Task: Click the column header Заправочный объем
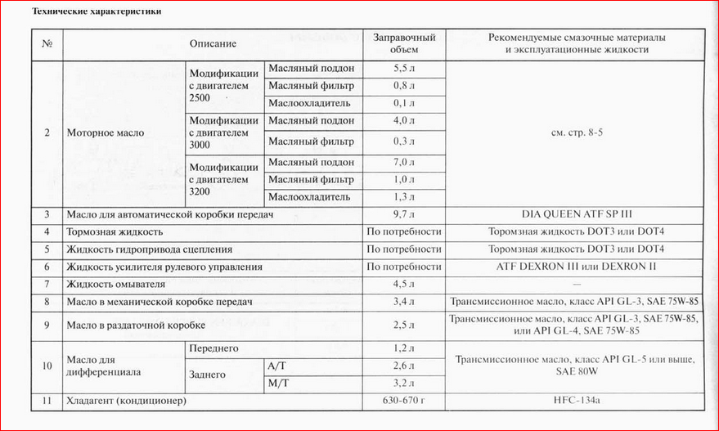tap(404, 43)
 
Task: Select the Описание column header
tap(213, 43)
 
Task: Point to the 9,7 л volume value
tap(404, 214)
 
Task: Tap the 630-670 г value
tap(404, 402)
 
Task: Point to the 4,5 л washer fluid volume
tap(404, 285)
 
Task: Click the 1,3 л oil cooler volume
tap(404, 197)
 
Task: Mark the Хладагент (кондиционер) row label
tap(126, 402)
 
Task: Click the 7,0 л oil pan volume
tap(404, 162)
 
